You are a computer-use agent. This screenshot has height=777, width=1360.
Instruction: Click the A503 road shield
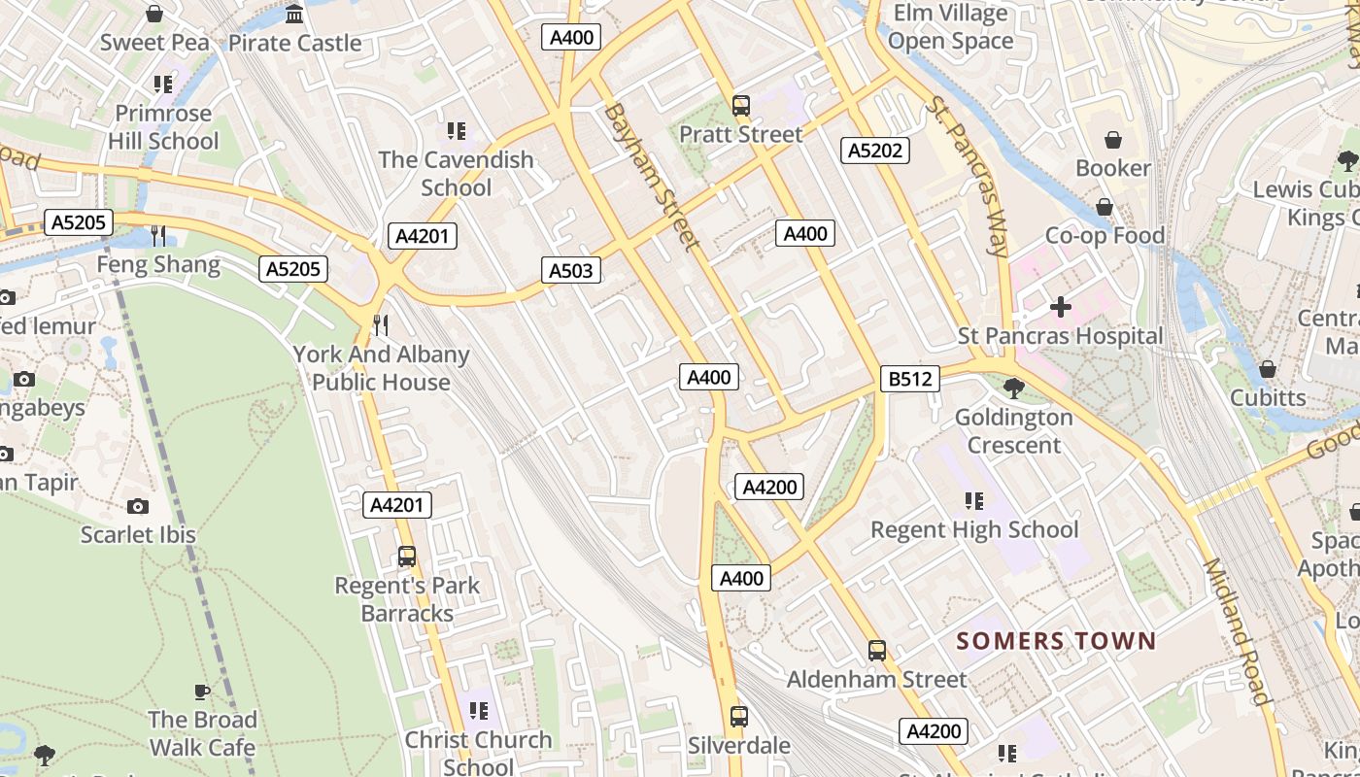570,270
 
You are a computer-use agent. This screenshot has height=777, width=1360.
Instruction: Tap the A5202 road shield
874,151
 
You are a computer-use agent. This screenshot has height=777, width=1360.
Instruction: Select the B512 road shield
910,379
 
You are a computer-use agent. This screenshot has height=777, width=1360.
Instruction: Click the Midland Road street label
1237,631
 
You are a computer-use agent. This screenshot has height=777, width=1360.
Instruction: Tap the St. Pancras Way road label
969,176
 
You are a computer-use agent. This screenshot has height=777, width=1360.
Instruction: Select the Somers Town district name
1056,641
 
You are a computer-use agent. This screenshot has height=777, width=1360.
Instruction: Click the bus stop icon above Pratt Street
741,106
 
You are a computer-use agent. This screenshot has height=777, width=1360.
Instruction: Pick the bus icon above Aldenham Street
877,651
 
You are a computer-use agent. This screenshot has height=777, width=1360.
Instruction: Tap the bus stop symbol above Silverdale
739,717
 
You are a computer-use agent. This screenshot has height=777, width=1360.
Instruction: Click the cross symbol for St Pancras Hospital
1060,308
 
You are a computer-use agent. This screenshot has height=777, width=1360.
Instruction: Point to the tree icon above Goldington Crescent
1013,388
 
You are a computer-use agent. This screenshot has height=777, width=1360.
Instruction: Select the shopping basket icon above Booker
1113,140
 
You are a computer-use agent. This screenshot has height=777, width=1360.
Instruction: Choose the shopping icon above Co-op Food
1105,207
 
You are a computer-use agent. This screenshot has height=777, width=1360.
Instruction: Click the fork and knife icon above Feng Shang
158,235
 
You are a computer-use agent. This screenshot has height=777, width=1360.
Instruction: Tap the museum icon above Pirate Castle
294,15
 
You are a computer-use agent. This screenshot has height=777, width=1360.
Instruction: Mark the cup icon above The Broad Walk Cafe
201,692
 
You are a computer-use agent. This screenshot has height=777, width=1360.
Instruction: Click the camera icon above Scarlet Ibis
138,506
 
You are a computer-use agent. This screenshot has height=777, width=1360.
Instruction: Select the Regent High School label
974,529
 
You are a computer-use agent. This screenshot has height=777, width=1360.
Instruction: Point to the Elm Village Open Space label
950,27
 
